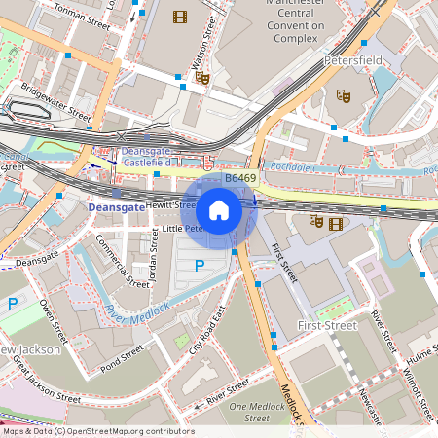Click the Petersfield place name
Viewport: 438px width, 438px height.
click(352, 60)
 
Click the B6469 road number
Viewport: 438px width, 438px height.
click(240, 179)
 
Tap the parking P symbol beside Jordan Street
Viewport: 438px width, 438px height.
click(200, 266)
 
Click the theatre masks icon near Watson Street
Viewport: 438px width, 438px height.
click(201, 77)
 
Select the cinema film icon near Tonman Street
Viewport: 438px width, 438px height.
click(179, 17)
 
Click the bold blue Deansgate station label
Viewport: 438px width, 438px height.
click(116, 207)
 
